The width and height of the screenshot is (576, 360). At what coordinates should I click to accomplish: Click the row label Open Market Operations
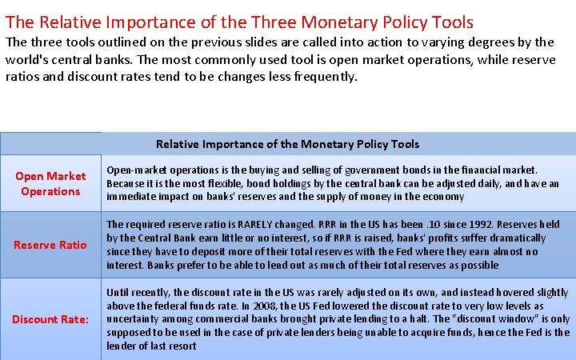click(50, 183)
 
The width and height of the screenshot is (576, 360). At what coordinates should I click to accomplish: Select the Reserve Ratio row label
click(50, 244)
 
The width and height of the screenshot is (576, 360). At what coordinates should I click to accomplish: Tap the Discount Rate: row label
click(50, 319)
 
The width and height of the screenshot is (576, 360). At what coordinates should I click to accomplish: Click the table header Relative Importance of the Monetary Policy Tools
click(287, 144)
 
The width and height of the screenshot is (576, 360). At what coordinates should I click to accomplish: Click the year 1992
click(466, 225)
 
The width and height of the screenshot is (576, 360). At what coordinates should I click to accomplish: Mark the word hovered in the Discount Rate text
click(510, 292)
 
